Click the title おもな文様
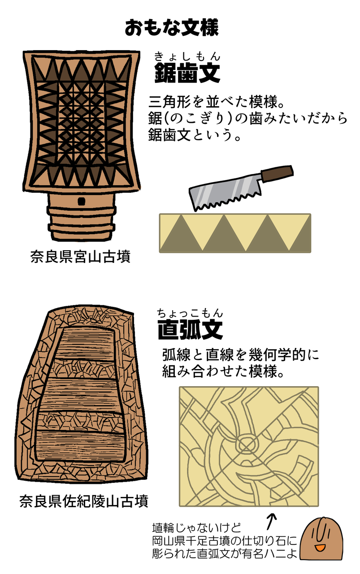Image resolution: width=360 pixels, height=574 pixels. click(171, 28)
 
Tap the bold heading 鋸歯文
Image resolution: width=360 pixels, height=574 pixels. click(187, 73)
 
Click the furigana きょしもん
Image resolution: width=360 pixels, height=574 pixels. click(187, 57)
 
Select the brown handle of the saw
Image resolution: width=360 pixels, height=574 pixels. click(277, 173)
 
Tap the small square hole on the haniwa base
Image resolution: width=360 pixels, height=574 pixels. click(82, 201)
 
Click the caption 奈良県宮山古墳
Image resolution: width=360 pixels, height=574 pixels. click(80, 257)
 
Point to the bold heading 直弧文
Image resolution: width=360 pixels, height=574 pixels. click(190, 330)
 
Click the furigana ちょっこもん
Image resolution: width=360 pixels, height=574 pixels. click(190, 313)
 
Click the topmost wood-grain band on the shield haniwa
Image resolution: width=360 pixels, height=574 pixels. click(85, 344)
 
